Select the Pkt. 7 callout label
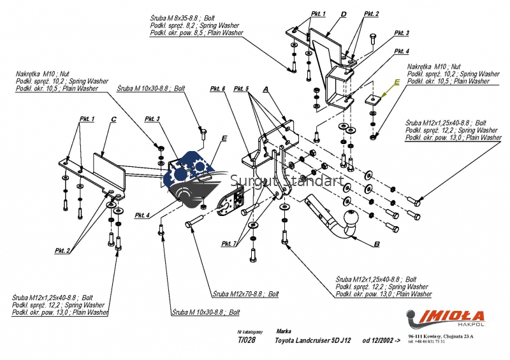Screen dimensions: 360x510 [x=229, y=244]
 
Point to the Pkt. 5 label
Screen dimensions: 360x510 [x=242, y=89]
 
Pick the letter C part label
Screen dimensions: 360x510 [x=113, y=119]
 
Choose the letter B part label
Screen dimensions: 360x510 [x=376, y=244]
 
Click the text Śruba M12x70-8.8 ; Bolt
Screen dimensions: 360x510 [x=246, y=294]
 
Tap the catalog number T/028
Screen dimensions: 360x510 [x=246, y=341]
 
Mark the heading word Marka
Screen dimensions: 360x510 [x=284, y=331]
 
